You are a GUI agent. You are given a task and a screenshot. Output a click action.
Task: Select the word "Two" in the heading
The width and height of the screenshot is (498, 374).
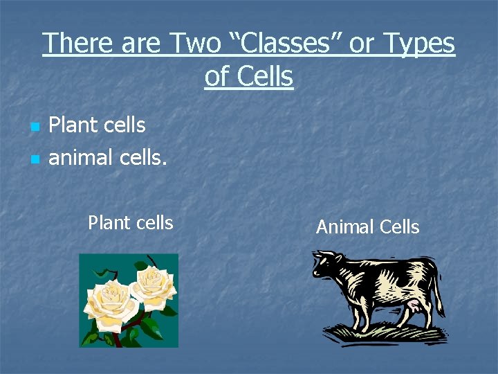click(193, 44)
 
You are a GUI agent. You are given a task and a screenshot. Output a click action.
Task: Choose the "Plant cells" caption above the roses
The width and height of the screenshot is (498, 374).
click(130, 223)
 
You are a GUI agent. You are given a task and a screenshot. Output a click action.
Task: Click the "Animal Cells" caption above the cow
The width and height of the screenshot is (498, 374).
click(367, 227)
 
